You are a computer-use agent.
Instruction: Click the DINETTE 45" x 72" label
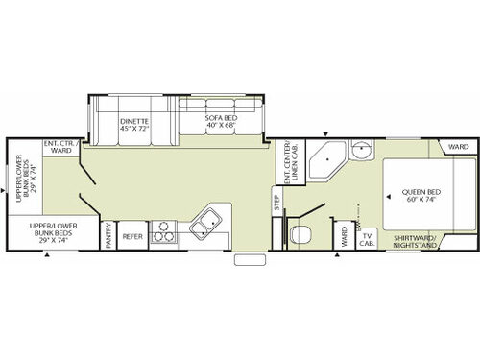pos(133,124)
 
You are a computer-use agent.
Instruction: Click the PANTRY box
pos(109,236)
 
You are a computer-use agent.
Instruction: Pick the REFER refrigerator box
pos(132,236)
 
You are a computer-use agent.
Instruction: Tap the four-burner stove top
pos(163,231)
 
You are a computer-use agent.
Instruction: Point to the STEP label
pos(276,204)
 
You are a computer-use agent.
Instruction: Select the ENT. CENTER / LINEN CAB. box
pos(288,162)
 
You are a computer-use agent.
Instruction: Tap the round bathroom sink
pos(363,151)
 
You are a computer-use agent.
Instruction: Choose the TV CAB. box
pos(366,237)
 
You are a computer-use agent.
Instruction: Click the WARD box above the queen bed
pos(458,147)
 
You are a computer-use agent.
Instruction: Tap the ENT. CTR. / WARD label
pos(59,147)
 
